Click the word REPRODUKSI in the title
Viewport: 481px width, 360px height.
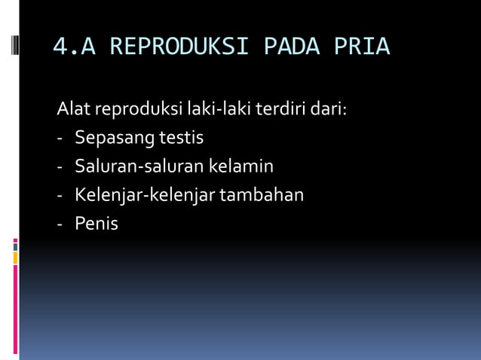179,47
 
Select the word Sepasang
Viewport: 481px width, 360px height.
114,139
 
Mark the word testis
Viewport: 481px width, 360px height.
181,139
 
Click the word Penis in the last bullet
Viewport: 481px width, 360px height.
97,224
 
